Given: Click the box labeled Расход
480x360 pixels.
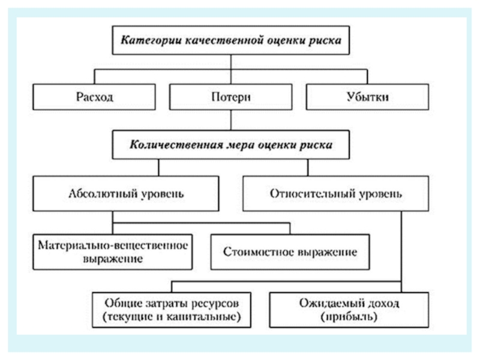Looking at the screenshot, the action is click(94, 97).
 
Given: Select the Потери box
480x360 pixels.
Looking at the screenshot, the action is click(230, 97).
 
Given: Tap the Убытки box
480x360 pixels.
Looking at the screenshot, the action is click(367, 97).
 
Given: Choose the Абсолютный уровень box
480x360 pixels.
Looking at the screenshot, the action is click(126, 193).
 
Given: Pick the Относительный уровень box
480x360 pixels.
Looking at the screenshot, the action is click(335, 193).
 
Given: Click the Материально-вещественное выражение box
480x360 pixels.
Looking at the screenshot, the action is click(113, 252).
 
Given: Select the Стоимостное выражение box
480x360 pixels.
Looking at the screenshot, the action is click(290, 252).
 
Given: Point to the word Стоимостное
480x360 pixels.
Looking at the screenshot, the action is click(259, 252).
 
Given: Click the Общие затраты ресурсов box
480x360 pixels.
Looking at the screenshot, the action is click(172, 310).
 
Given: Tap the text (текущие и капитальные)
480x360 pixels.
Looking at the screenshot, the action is click(172, 317).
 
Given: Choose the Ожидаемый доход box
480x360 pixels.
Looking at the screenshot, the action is click(349, 310).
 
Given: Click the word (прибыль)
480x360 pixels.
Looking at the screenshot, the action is click(349, 317).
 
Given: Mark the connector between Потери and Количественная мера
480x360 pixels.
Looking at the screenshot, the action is click(231, 121).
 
